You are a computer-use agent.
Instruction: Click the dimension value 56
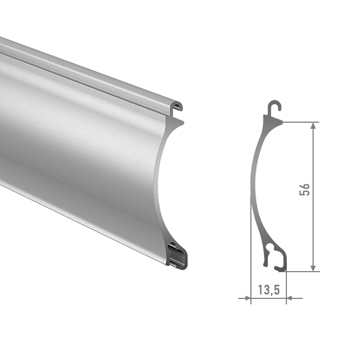click(305, 190)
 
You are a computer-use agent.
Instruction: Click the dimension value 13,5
click(269, 290)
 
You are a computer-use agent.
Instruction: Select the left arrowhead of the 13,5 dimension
click(248, 298)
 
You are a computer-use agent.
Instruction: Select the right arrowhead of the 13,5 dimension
click(289, 298)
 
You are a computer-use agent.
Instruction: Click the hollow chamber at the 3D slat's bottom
click(177, 255)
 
